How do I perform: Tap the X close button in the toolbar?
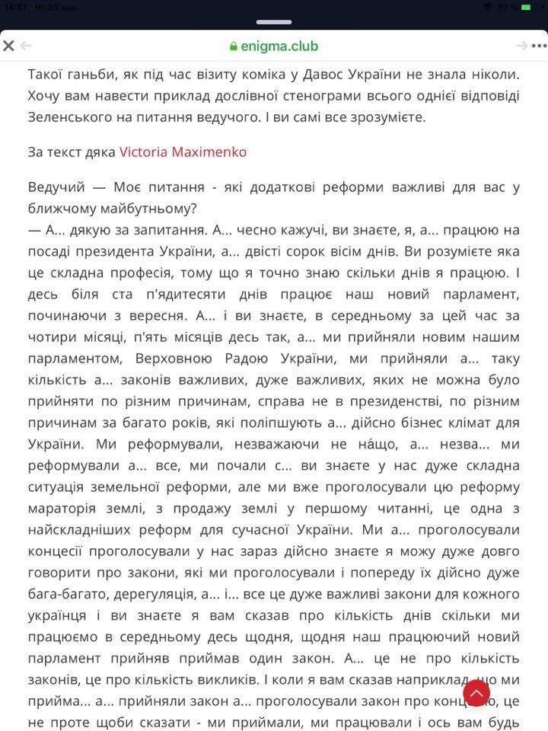click(9, 46)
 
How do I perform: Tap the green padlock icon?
click(234, 46)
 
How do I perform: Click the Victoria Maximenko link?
click(183, 152)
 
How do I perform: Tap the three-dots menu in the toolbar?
click(540, 46)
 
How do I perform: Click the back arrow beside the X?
click(26, 46)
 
